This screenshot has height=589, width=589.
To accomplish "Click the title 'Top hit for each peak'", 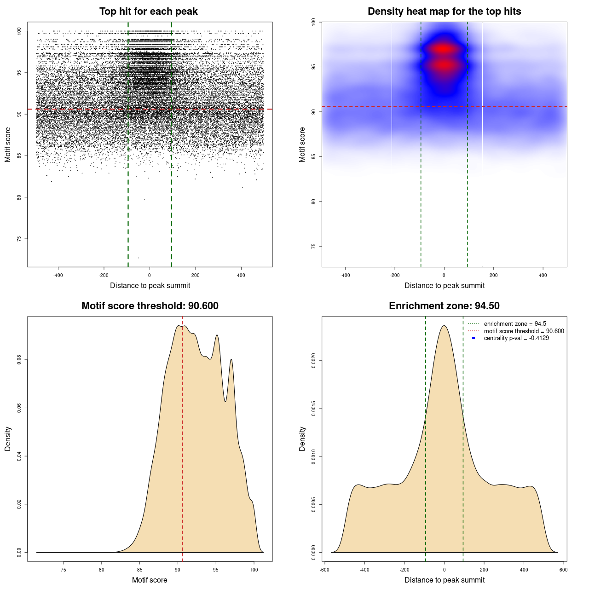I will coord(148,12).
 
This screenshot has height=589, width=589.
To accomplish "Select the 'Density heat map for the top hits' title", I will coord(444,12).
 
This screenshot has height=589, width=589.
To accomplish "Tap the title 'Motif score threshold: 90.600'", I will coord(150,306).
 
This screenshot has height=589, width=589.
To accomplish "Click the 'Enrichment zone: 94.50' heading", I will coord(444,306).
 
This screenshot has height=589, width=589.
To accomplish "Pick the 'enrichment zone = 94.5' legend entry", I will coord(515,324).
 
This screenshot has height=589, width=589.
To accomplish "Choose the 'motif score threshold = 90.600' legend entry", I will coord(524,331).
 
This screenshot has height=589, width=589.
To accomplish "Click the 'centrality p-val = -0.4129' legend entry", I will coord(516,338).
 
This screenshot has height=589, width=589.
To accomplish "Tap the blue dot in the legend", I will coord(474,338).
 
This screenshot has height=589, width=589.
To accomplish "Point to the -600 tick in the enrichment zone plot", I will coord(325,570).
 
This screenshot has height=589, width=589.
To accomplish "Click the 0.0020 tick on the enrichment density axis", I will coord(314,361).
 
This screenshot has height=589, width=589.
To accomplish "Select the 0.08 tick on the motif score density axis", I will coord(19,360).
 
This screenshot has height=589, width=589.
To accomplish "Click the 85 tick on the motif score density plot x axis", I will coord(140,570).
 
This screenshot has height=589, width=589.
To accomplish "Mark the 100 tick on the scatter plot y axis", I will coord(19,31).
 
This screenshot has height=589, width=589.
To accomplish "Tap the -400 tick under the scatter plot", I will coord(58,275).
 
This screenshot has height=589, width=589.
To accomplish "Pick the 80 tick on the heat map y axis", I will coord(314,202).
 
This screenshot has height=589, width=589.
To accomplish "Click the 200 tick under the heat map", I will coord(493,275).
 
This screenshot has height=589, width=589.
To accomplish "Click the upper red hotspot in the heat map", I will coord(444,49).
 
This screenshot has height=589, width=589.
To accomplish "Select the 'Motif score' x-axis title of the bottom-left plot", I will coord(150,580).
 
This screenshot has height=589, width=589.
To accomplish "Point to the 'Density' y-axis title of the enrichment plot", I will coord(302,439).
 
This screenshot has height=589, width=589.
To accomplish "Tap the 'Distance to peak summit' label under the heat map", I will coord(444,285).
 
